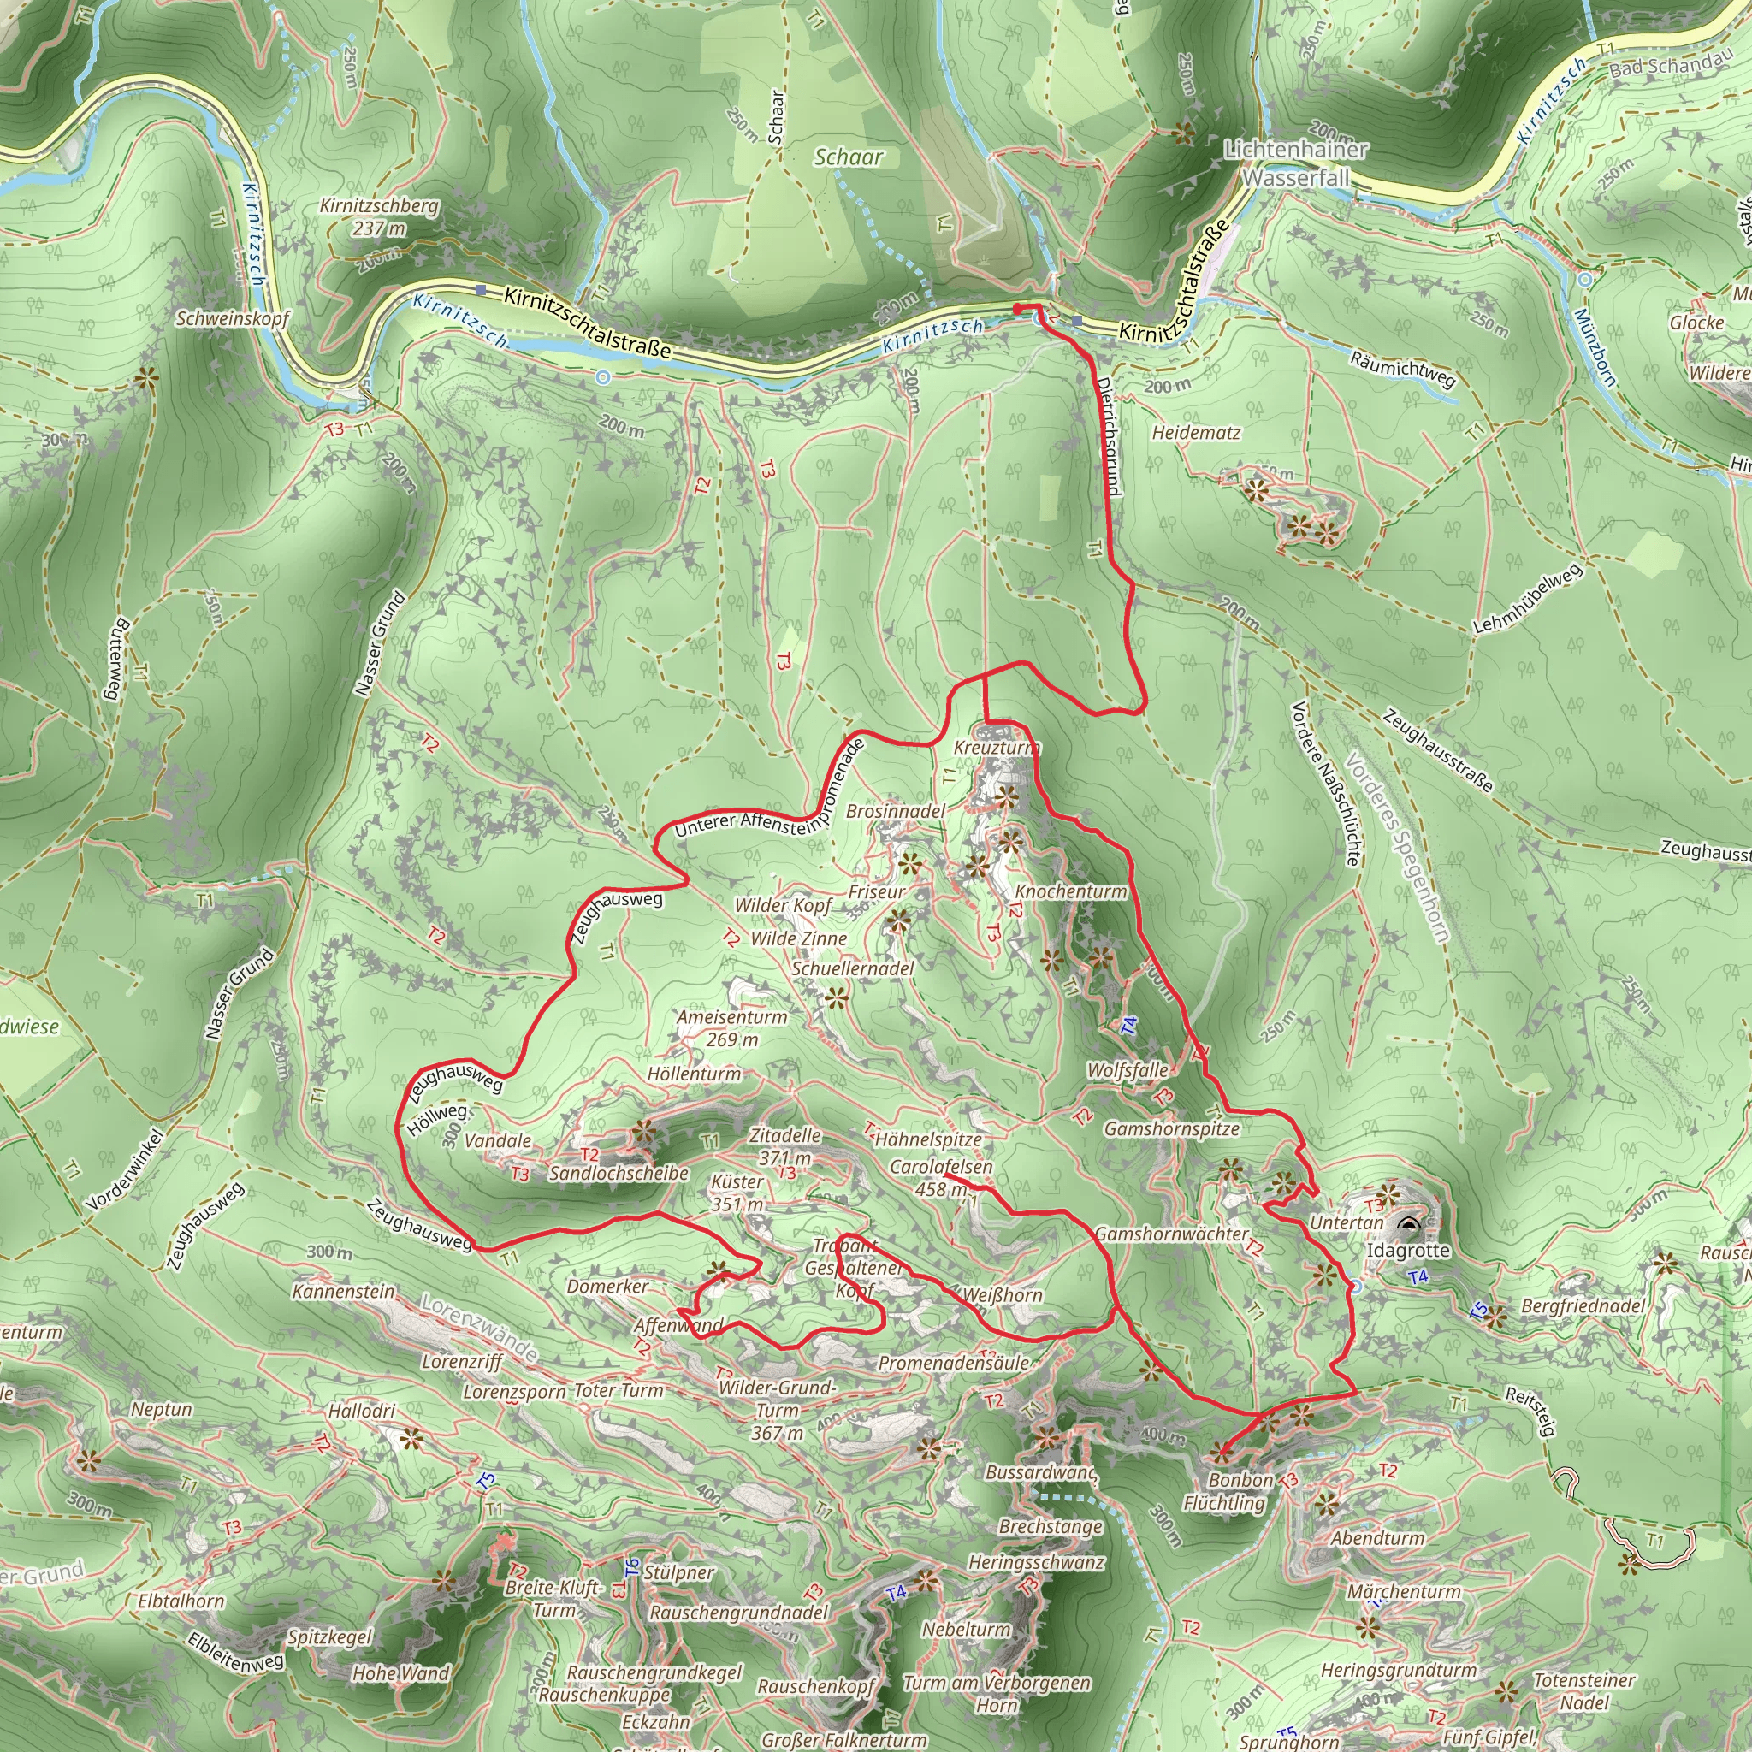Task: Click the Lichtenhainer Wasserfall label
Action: tap(1295, 163)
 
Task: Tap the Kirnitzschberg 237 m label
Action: tap(379, 217)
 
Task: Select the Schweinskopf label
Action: tap(232, 318)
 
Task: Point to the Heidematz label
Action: tap(1196, 433)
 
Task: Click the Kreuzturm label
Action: tap(996, 749)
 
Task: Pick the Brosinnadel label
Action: tap(895, 811)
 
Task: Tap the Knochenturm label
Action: tap(1070, 891)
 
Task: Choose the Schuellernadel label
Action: tap(852, 968)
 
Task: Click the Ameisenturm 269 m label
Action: tap(731, 1028)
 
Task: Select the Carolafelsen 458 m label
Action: tap(940, 1177)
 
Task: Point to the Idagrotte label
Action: tap(1408, 1252)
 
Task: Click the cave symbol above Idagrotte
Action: tap(1407, 1228)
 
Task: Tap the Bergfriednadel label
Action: tap(1583, 1305)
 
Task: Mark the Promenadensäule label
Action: tap(954, 1363)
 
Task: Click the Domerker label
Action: tap(607, 1286)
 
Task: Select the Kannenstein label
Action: tap(344, 1290)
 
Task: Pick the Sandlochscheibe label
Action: tap(619, 1174)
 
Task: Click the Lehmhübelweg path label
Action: tap(1527, 600)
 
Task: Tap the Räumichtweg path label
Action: tap(1402, 368)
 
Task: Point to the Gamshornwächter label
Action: tap(1172, 1234)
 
